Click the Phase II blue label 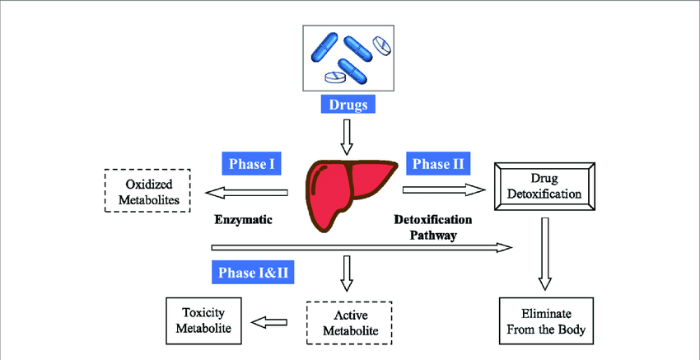point(437,163)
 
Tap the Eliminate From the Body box point(546,321)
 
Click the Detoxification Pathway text point(433,227)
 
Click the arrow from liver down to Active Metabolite point(347,273)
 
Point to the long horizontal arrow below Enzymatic point(362,245)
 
